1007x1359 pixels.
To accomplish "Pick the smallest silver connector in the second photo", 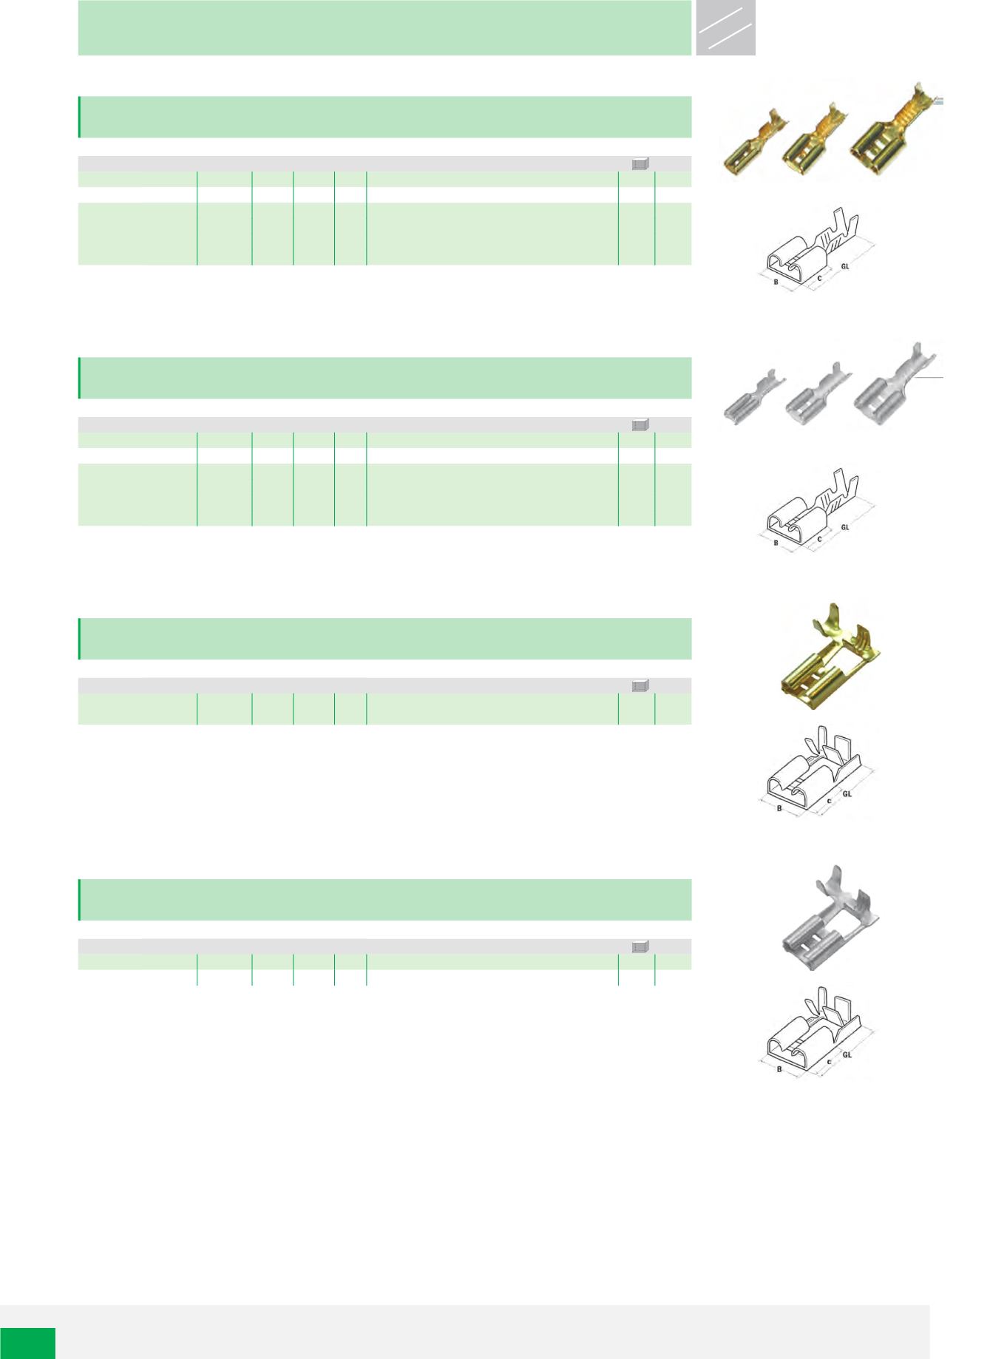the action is click(751, 400).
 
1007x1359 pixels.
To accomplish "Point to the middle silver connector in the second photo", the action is click(816, 399).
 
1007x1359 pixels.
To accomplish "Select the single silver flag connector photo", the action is click(831, 918).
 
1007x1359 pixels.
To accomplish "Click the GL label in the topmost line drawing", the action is click(845, 266).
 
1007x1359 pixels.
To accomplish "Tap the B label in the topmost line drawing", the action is click(776, 282).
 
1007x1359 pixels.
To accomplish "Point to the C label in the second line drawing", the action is click(819, 539).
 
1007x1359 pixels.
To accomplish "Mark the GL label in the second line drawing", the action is click(845, 527).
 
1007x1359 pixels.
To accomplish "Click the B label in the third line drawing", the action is click(779, 808).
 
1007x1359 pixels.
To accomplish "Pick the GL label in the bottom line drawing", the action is click(847, 1055).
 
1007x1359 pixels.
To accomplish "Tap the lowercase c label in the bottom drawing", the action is click(830, 1062).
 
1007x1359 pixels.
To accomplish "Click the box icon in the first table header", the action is click(640, 164).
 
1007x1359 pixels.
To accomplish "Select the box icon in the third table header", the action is click(640, 685).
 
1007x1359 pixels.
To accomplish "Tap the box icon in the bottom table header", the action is click(640, 946).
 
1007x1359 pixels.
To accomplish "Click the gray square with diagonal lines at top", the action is click(725, 27).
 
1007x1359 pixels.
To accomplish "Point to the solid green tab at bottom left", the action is click(27, 1343).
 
